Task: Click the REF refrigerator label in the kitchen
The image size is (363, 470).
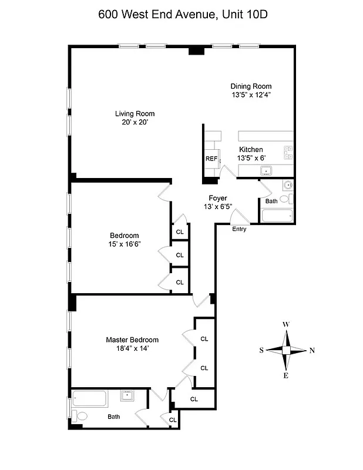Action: pos(211,159)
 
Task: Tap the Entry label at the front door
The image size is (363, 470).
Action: pos(239,229)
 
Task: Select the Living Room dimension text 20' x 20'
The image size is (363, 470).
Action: pos(134,123)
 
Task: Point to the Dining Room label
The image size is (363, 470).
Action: pos(251,86)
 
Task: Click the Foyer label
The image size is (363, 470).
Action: pos(218,199)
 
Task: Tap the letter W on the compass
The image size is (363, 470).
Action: pos(286,324)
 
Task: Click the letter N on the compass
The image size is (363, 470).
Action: pos(312,351)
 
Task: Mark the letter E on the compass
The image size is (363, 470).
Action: pos(286,376)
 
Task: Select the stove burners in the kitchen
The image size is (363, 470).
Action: pos(288,153)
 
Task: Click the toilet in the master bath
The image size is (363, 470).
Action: pos(82,416)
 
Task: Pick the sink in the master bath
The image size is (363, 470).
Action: pos(128,395)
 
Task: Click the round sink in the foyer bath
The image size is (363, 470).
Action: pos(288,186)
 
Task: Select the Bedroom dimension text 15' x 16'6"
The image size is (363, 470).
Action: pos(125,244)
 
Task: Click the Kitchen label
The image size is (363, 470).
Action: pos(250,150)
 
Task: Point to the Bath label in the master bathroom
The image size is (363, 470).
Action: pos(114,417)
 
